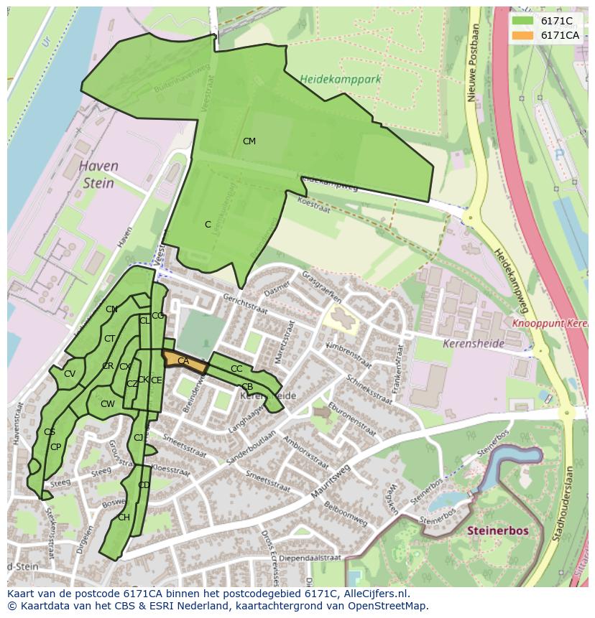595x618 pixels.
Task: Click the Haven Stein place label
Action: pos(98,174)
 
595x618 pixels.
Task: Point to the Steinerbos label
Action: pos(497,530)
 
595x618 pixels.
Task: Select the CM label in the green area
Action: pos(249,141)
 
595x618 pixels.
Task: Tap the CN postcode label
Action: pos(111,309)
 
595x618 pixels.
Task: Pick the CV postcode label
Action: pos(70,374)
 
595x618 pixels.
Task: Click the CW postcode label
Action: pos(107,404)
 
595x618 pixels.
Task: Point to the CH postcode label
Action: pos(124,518)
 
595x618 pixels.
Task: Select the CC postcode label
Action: pos(236,369)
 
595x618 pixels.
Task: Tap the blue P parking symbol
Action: pos(559,154)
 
